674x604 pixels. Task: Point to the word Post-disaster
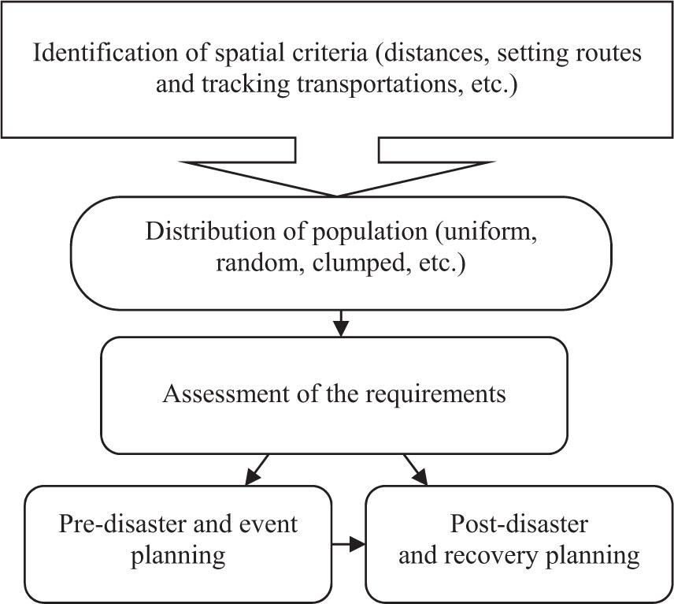(x=518, y=524)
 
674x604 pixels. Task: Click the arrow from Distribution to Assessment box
(x=339, y=323)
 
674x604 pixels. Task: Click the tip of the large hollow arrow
(x=338, y=196)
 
